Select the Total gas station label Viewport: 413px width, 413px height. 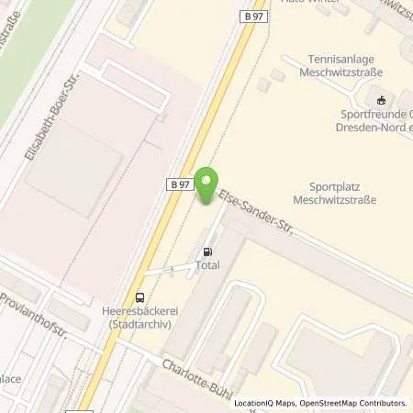coord(206,266)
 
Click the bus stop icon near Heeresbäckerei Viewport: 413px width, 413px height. coord(140,296)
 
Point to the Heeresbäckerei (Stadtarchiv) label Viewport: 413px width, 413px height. coord(140,317)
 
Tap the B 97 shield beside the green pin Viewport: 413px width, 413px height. coord(181,184)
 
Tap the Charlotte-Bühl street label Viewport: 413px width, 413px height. coord(198,378)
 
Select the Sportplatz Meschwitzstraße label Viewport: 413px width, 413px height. coord(334,191)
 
